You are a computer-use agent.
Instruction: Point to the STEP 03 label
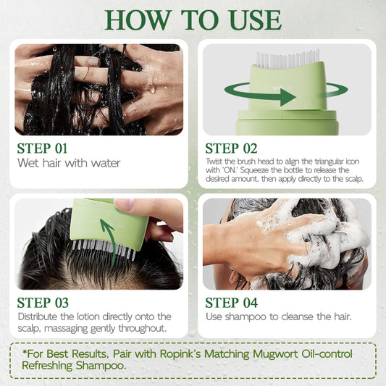44,303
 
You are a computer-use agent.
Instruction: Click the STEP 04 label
232,303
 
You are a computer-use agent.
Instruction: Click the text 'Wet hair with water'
69,162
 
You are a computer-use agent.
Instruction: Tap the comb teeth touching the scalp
101,250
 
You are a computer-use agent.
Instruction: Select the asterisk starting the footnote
25,353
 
